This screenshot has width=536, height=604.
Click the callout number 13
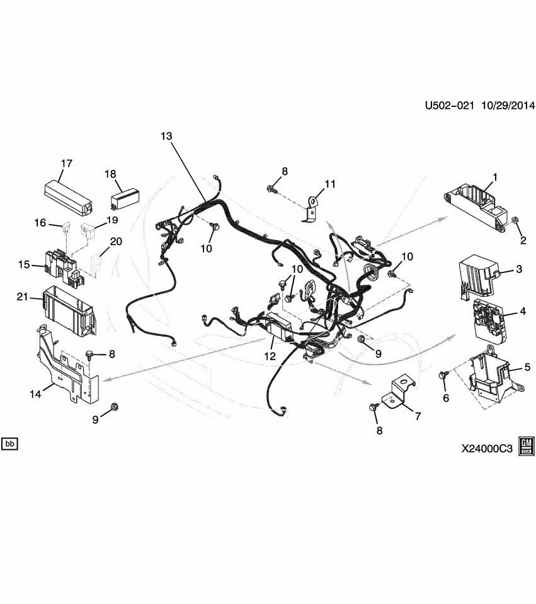(166, 136)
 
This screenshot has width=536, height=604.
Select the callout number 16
(40, 223)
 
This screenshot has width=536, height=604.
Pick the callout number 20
(117, 242)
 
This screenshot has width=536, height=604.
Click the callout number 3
(519, 269)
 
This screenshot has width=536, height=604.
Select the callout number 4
(522, 311)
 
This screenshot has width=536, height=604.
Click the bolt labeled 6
(443, 375)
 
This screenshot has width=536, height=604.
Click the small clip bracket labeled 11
(310, 208)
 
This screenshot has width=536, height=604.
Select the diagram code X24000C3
(487, 449)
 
